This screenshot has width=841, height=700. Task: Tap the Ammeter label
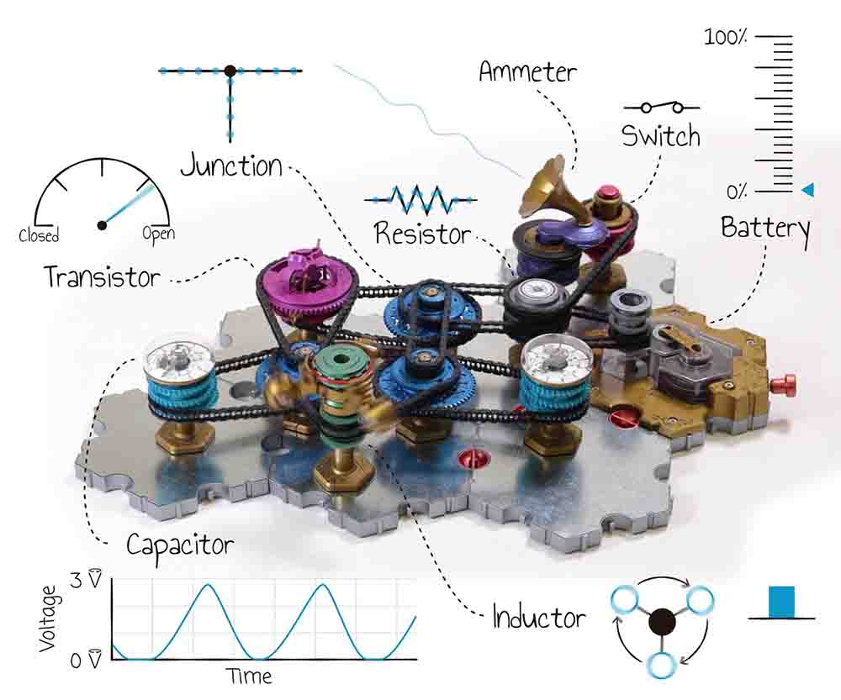(x=527, y=71)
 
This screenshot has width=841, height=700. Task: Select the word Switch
(x=660, y=135)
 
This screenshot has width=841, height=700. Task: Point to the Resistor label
(x=423, y=233)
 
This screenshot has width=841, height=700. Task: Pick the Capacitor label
(x=180, y=546)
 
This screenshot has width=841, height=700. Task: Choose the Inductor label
(x=539, y=618)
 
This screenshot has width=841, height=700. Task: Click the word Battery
(x=765, y=228)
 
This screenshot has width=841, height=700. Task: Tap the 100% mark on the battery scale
(x=727, y=38)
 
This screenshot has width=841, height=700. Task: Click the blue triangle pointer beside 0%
(x=807, y=191)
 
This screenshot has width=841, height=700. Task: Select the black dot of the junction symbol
(x=229, y=71)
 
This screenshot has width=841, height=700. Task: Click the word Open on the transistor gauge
(x=158, y=234)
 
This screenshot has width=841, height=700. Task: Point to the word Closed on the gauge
(x=39, y=235)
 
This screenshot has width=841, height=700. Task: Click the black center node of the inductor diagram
(x=663, y=623)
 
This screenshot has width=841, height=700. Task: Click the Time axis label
(x=250, y=676)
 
